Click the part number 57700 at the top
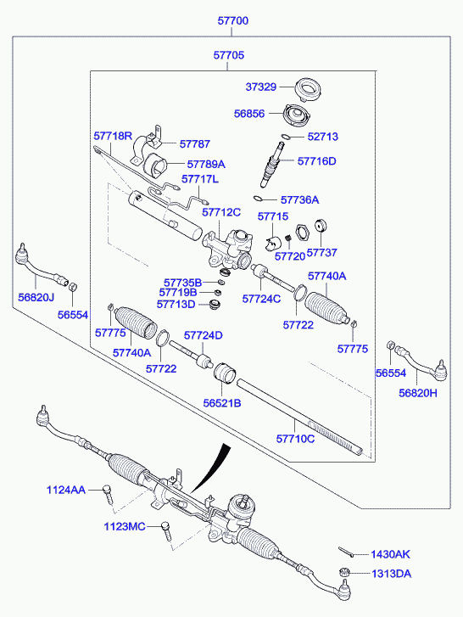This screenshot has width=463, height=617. coord(233,20)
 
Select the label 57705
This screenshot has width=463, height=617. coord(229,54)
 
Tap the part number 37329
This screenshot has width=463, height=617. coord(261,87)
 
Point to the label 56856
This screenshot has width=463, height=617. coord(249,114)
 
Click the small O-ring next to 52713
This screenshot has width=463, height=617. coord(286,137)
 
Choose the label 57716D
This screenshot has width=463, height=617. coord(317,161)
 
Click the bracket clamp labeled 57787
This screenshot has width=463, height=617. coord(148,147)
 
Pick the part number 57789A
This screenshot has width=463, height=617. coord(206,164)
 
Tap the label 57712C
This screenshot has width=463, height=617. coord(221,212)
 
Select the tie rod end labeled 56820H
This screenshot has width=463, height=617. coord(421,363)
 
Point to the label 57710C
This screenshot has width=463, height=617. coord(296,439)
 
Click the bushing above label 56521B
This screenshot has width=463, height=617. coord(225,373)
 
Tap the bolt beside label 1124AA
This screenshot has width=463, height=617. coord(108,493)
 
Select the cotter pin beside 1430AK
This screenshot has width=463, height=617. coord(345,552)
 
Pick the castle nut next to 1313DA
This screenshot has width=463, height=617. coord(343,572)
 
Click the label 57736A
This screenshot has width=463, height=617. coord(300,199)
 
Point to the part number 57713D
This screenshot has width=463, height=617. coord(176,304)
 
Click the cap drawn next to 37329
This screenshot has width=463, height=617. coord(309,90)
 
